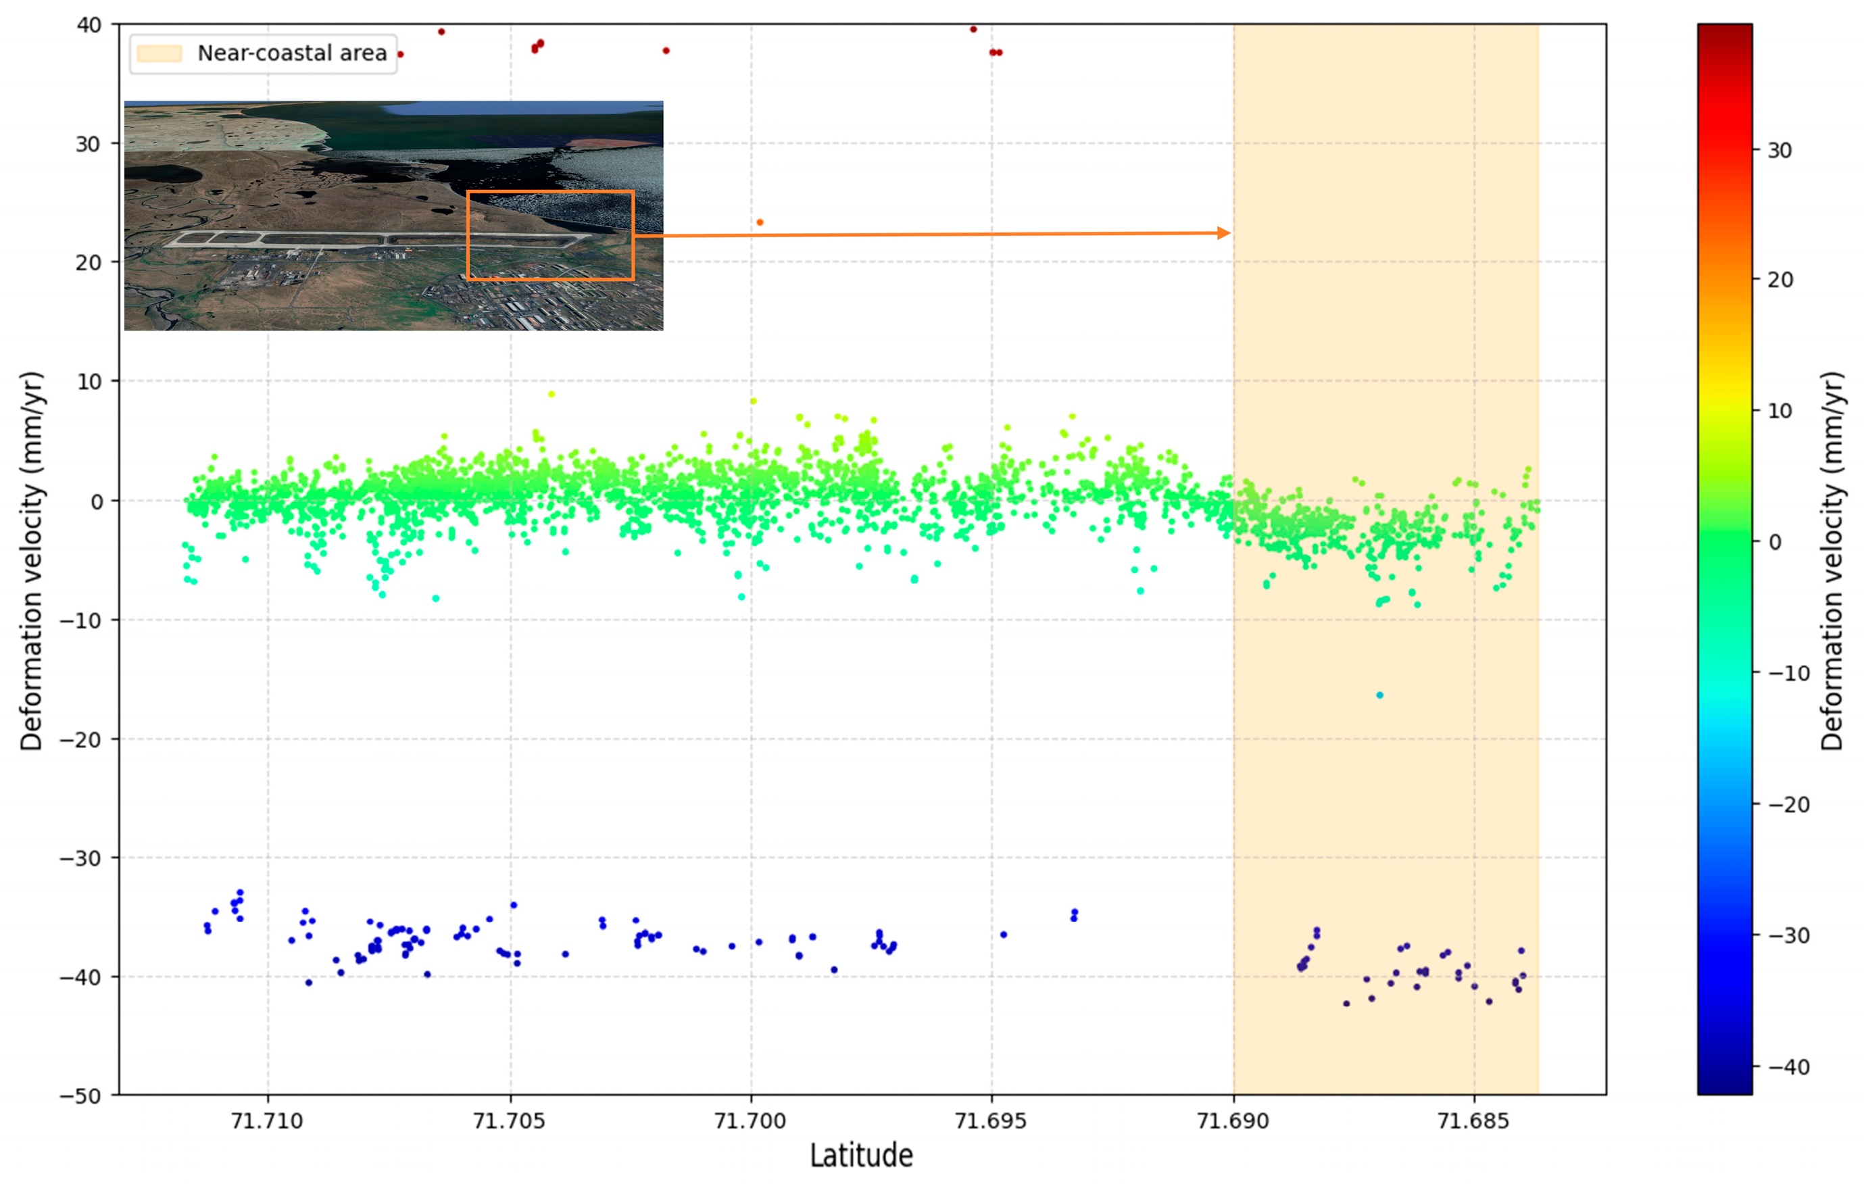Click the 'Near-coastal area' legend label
[x=292, y=53]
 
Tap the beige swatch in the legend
[x=159, y=53]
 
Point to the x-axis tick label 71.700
[x=750, y=1120]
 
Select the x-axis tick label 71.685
[x=1473, y=1120]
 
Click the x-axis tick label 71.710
[x=268, y=1120]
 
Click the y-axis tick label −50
[x=80, y=1095]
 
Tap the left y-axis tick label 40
[x=89, y=25]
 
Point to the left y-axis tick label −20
[x=80, y=739]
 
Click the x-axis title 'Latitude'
[x=861, y=1156]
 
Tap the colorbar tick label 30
[x=1780, y=150]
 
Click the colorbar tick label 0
[x=1775, y=542]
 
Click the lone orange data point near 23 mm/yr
[x=760, y=222]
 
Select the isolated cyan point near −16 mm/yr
[x=1379, y=695]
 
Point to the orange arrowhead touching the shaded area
[x=1224, y=233]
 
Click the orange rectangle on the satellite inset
[x=550, y=192]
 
